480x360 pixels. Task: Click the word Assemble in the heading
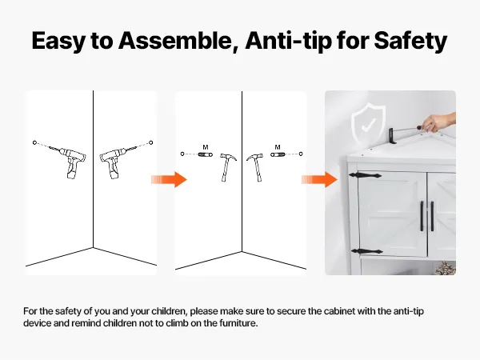[x=174, y=41]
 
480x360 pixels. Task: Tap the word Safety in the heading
[x=410, y=42]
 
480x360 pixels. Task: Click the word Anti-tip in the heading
[x=289, y=42]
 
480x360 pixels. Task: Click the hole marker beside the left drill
[x=34, y=142]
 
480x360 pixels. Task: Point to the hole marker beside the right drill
[x=150, y=142]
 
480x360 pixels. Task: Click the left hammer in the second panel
[x=228, y=167]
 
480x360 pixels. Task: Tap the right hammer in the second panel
[x=255, y=167]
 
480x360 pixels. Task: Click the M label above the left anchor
[x=206, y=147]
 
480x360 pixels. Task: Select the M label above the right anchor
[x=278, y=147]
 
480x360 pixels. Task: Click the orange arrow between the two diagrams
[x=169, y=179]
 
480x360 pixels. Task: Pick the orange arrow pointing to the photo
[x=319, y=179]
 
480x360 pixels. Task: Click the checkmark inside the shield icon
[x=368, y=126]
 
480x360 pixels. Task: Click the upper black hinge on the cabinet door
[x=365, y=175]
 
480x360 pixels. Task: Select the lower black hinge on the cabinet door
[x=366, y=252]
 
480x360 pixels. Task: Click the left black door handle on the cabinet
[x=422, y=216]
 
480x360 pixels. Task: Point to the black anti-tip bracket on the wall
[x=391, y=136]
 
